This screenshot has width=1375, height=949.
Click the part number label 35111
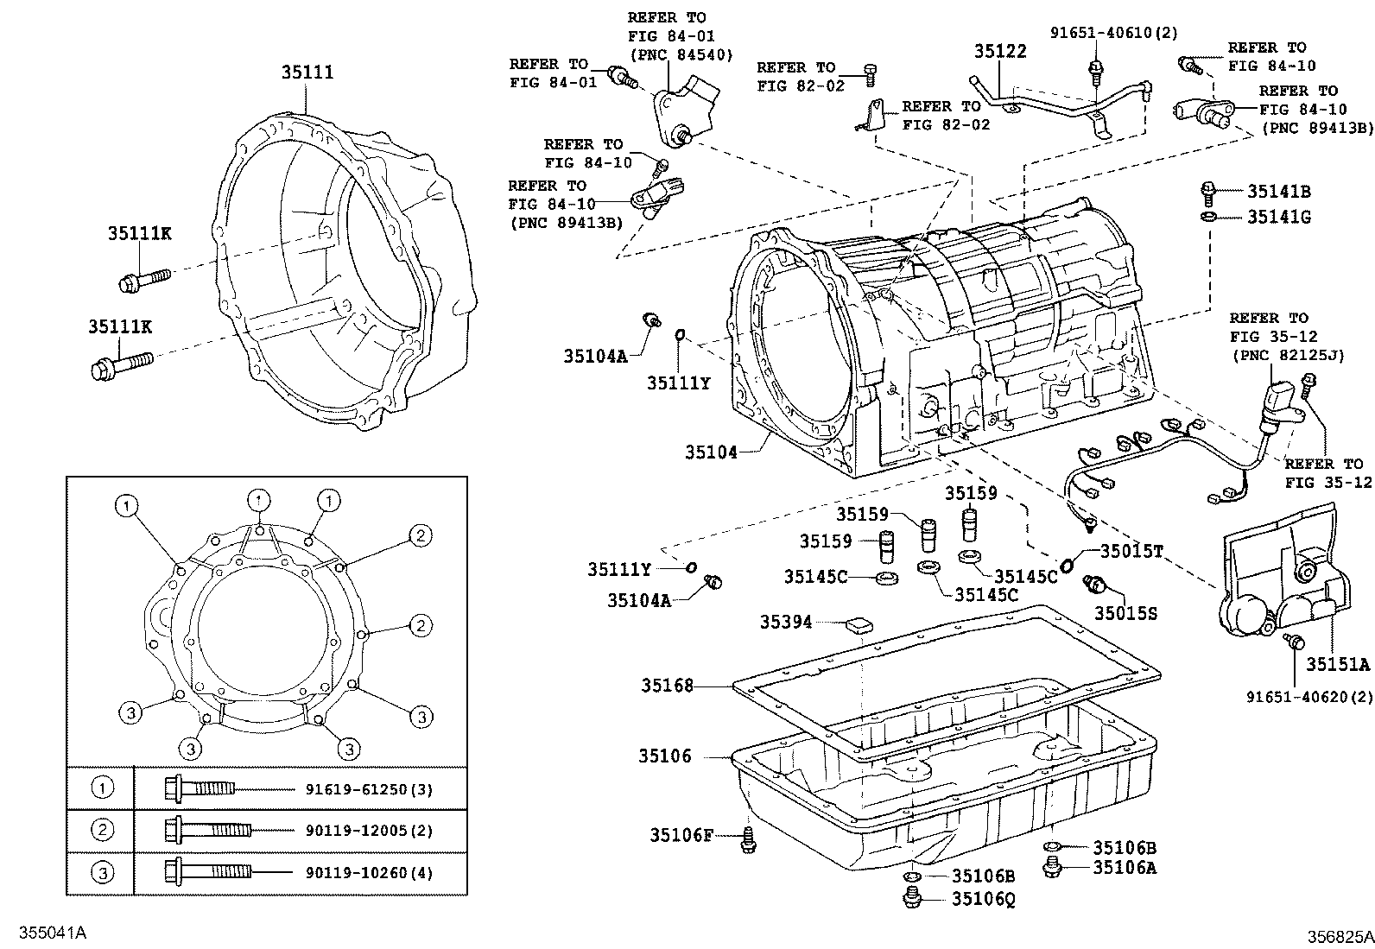tap(307, 73)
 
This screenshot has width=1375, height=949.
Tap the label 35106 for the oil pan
tap(665, 756)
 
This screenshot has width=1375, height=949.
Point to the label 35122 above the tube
tap(1000, 51)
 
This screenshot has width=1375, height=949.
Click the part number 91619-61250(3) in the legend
tap(369, 789)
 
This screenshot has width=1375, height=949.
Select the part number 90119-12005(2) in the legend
tap(369, 831)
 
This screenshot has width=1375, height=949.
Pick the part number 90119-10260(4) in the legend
tap(369, 872)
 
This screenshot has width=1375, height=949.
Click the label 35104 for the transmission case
tap(712, 451)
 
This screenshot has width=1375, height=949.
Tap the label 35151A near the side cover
tap(1337, 664)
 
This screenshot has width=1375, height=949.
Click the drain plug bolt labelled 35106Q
tap(910, 901)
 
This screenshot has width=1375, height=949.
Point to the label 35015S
tap(1125, 613)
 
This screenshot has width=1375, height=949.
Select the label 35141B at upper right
tap(1278, 192)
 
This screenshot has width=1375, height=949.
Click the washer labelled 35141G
tap(1209, 216)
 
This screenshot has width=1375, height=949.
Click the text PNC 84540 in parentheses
tap(681, 54)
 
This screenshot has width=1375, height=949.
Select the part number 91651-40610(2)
tap(1114, 33)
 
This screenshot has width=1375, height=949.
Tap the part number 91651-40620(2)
tap(1308, 696)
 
